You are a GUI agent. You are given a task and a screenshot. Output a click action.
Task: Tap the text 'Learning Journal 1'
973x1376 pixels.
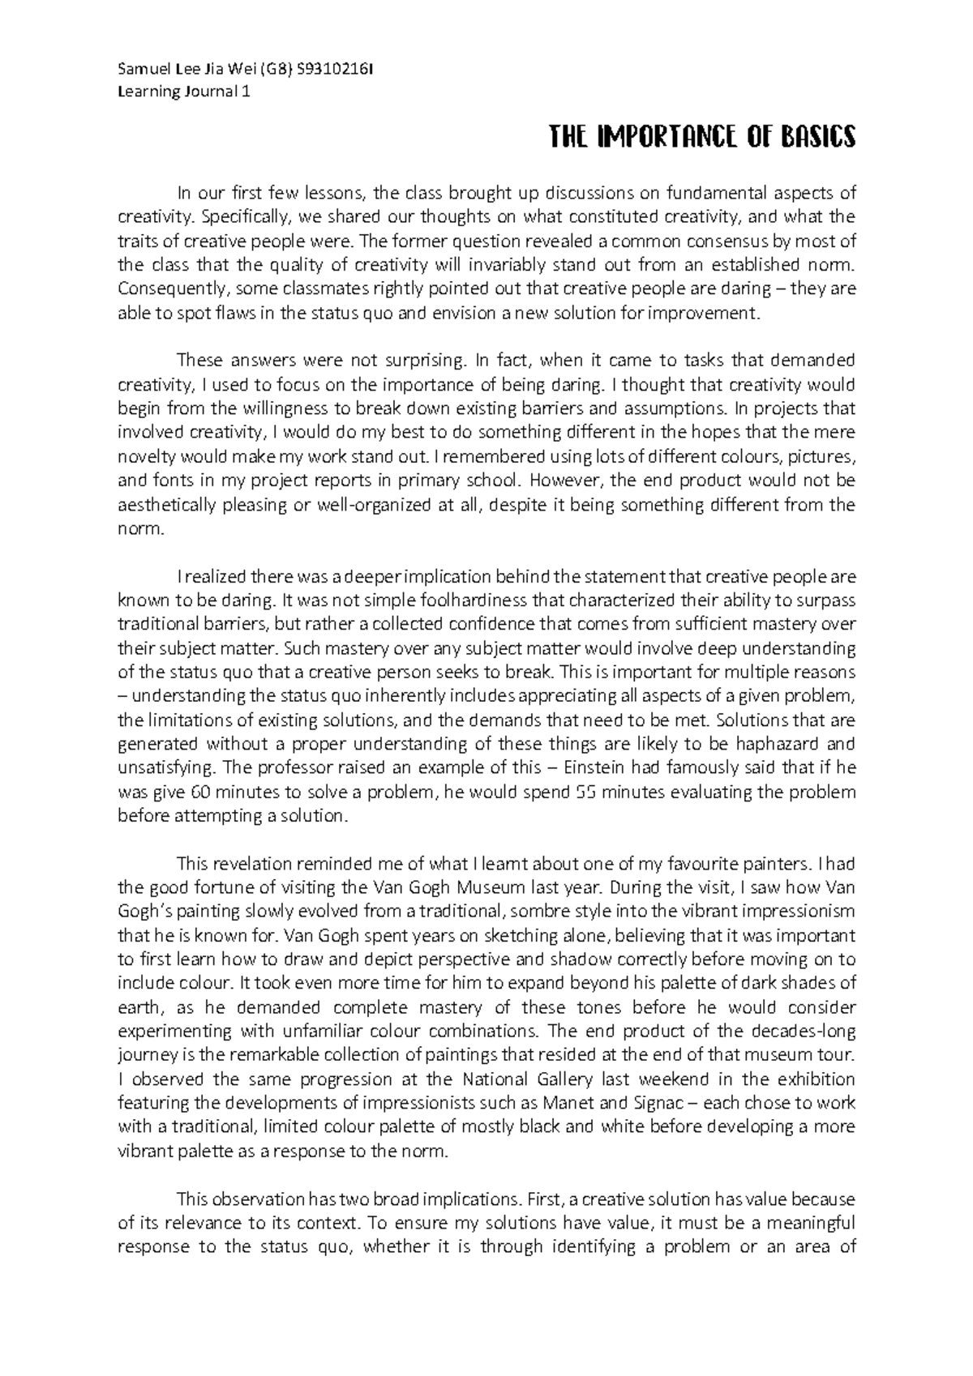184,91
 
